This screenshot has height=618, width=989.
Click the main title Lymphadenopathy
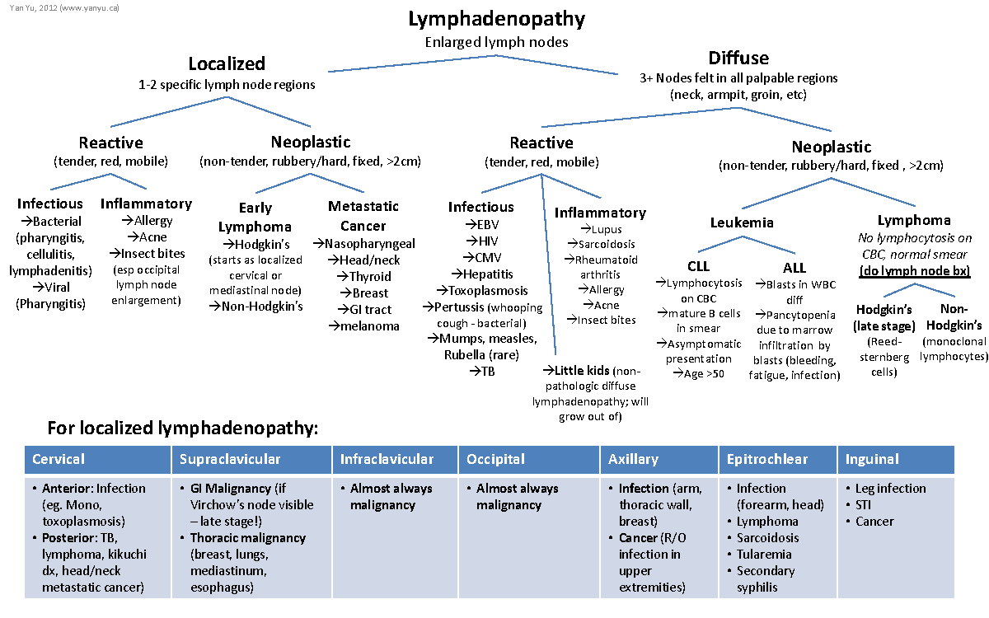pos(497,19)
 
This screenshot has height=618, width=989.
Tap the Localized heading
pos(227,63)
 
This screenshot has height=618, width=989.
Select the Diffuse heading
pos(738,58)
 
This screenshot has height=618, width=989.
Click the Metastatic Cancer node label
pos(363,216)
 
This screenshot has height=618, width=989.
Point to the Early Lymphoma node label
pos(255,218)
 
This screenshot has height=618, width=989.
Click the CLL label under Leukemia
pos(698,267)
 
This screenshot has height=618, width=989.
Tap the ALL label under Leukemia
pos(794,267)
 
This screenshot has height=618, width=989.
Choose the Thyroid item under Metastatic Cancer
pos(369,276)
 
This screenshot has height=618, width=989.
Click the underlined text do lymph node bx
pos(913,271)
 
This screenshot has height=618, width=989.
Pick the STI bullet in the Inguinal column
pos(865,504)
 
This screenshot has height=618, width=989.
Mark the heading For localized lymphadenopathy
pos(182,428)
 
